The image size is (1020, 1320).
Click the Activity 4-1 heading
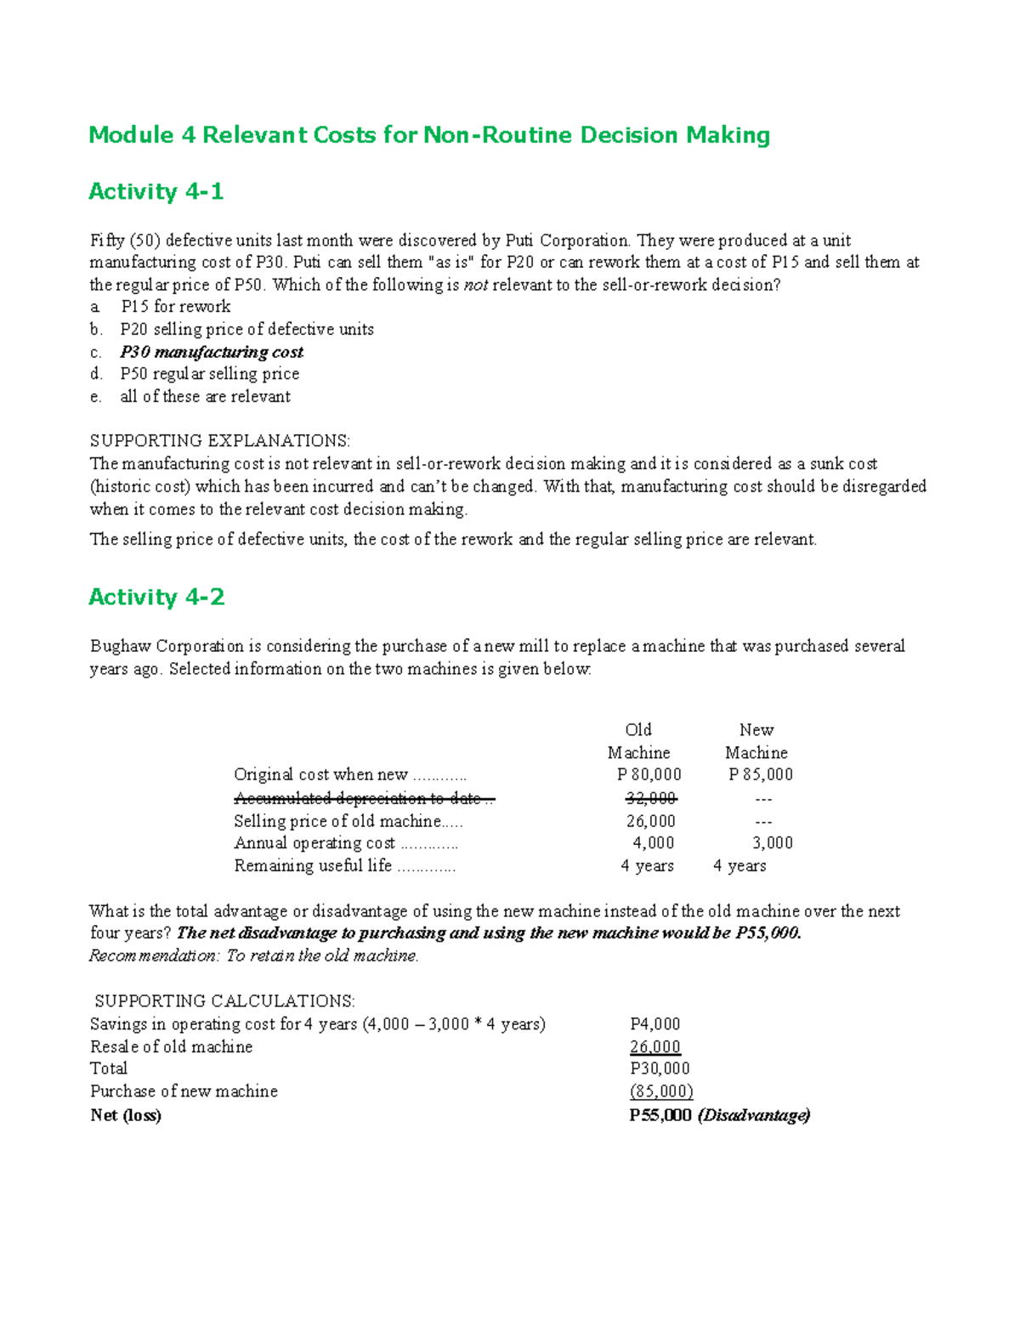[x=156, y=192]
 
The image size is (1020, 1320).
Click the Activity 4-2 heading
[x=156, y=598]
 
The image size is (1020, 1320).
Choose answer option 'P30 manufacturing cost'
[x=212, y=352]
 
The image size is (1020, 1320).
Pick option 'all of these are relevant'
[x=205, y=397]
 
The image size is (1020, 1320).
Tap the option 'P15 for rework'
[x=175, y=307]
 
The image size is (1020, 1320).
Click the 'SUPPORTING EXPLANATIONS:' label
[x=219, y=441]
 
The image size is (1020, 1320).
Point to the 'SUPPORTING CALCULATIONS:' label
[x=224, y=1001]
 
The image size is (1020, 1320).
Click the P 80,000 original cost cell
[x=649, y=775]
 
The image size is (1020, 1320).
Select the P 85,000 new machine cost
[x=761, y=775]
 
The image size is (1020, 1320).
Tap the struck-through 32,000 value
[x=650, y=798]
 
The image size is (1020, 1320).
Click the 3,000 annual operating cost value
[x=772, y=843]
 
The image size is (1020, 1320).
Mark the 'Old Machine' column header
[x=638, y=741]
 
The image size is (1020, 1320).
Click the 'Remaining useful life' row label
[x=313, y=866]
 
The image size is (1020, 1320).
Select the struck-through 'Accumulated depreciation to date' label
[x=363, y=798]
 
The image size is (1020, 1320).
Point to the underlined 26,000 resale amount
[x=655, y=1047]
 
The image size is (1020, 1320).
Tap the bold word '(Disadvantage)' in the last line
[x=754, y=1115]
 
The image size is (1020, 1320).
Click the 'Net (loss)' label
[x=126, y=1115]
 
